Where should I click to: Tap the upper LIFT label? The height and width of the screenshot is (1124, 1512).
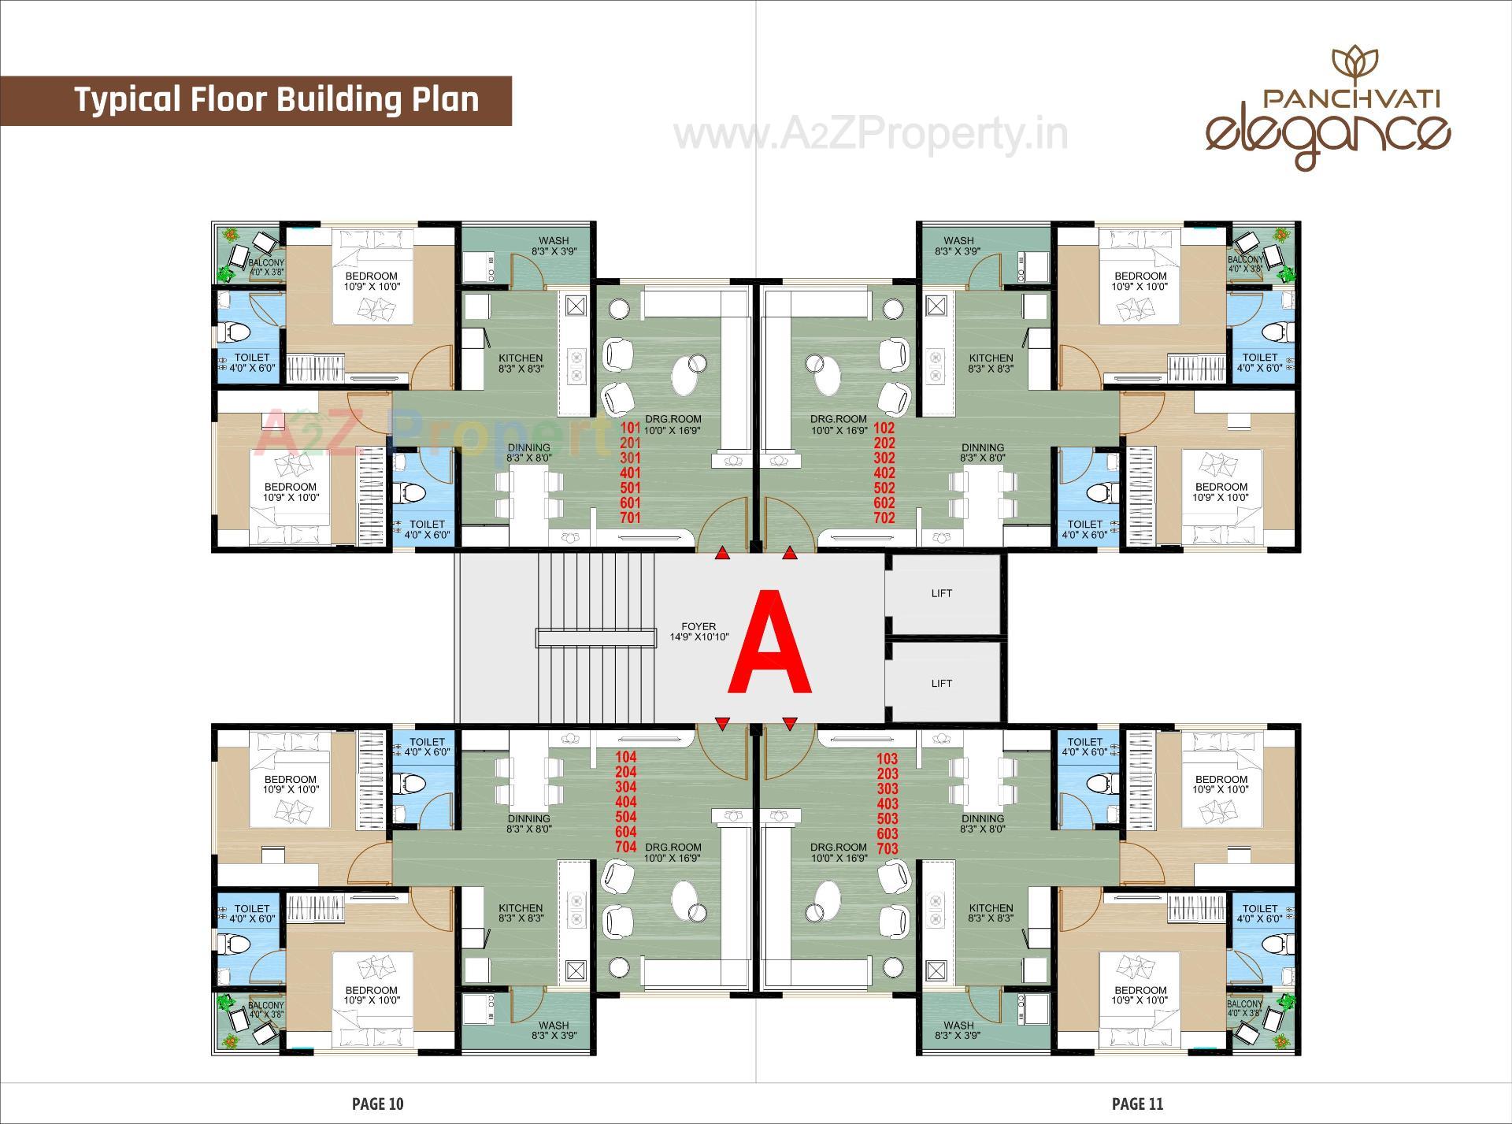pos(941,593)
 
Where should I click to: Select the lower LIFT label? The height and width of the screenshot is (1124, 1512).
pos(941,683)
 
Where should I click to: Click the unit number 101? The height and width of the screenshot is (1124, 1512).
pos(631,428)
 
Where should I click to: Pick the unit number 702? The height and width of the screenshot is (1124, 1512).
pos(884,518)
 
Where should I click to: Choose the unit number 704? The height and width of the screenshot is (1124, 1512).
pos(626,848)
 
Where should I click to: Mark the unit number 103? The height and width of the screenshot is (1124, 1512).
pos(887,759)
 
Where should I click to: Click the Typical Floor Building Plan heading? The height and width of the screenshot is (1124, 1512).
pos(276,100)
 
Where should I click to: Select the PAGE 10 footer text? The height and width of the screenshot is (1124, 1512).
pos(378,1104)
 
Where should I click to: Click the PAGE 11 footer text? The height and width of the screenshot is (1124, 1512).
pos(1137,1104)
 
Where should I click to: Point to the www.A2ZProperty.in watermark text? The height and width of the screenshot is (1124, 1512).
pos(870,134)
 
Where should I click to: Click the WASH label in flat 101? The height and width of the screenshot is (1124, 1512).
pos(554,241)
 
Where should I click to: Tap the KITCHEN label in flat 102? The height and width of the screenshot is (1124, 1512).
pos(991,358)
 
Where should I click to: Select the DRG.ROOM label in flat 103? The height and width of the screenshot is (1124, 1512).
pos(838,848)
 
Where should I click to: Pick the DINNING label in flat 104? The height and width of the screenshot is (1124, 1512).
pos(528,818)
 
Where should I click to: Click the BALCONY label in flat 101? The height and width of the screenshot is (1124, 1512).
pos(266,262)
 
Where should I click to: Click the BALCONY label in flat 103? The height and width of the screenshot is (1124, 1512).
pos(1244,1004)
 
